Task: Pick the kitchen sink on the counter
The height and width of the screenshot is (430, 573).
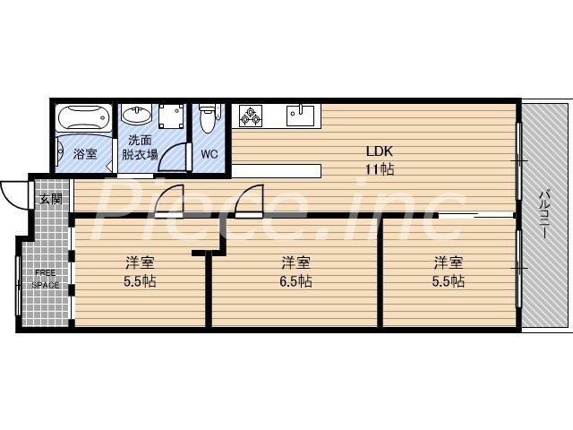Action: [x=301, y=116]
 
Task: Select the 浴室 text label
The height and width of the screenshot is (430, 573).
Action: [x=85, y=154]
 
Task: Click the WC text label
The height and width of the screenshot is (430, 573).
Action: [x=210, y=154]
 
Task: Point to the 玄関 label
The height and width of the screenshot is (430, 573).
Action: [x=50, y=199]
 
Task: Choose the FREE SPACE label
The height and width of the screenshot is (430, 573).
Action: [x=46, y=279]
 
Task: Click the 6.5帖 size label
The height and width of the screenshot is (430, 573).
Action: [x=295, y=281]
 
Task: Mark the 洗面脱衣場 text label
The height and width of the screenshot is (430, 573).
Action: [x=141, y=147]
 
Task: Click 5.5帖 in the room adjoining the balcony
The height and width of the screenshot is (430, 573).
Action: [x=449, y=281]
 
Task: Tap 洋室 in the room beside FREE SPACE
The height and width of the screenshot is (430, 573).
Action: [x=141, y=262]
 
